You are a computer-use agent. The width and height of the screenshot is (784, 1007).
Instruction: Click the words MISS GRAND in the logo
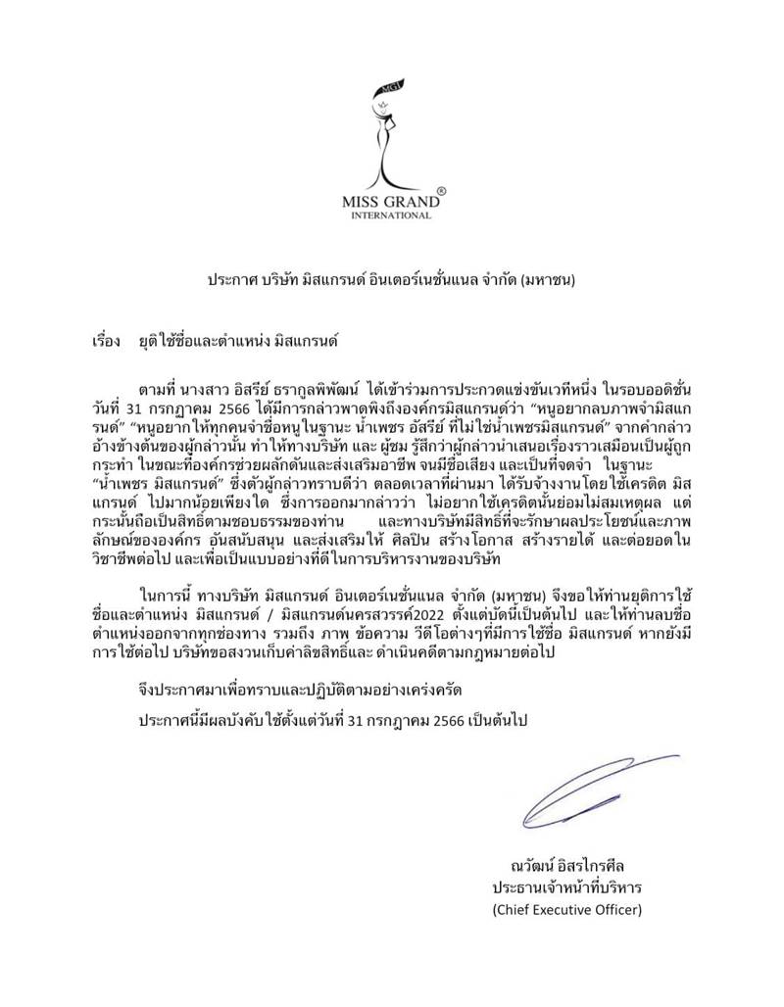[x=390, y=204]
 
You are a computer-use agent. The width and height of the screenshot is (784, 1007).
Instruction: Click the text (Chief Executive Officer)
[x=566, y=910]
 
